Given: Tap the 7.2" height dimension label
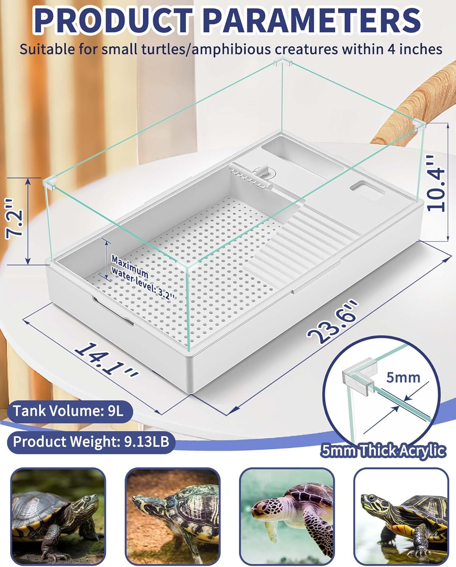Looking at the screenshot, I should [15, 219].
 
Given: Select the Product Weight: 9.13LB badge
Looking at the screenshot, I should [91, 441].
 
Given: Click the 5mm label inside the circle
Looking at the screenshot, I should [403, 377].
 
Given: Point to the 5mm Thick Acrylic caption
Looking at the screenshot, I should [383, 451].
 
